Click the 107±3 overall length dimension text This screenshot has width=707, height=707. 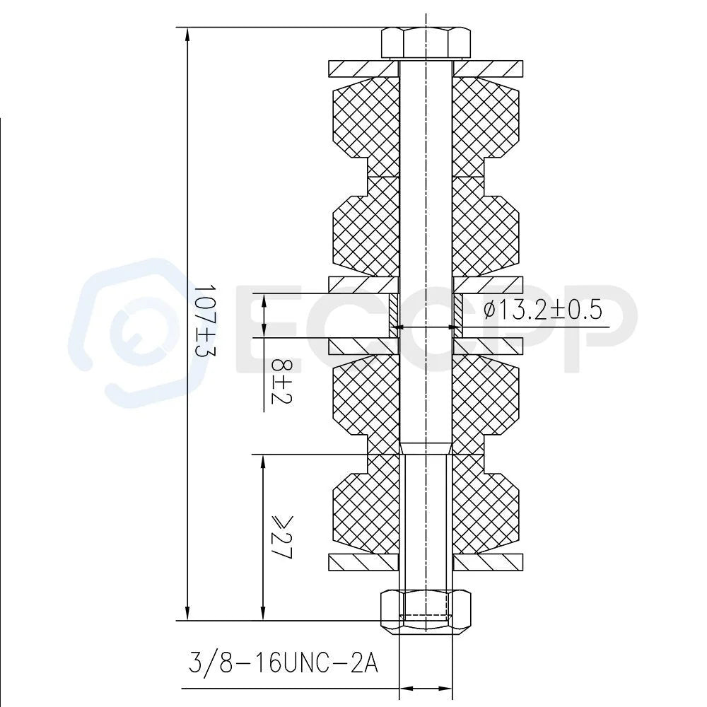point(204,320)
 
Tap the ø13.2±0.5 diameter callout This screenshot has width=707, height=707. point(543,310)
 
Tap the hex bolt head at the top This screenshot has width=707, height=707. point(426,44)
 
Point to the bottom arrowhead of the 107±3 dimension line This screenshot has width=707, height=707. point(187,612)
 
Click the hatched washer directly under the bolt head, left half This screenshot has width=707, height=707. point(364,68)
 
